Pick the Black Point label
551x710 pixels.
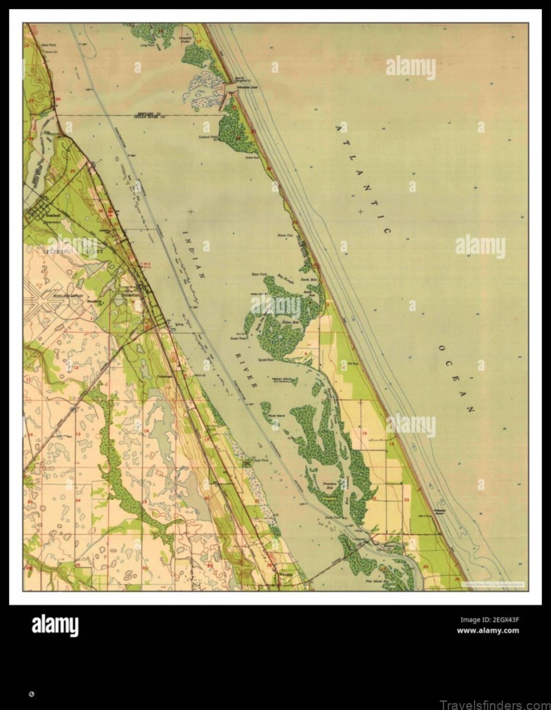259,274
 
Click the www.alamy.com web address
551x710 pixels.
488,631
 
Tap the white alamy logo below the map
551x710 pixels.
55,626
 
